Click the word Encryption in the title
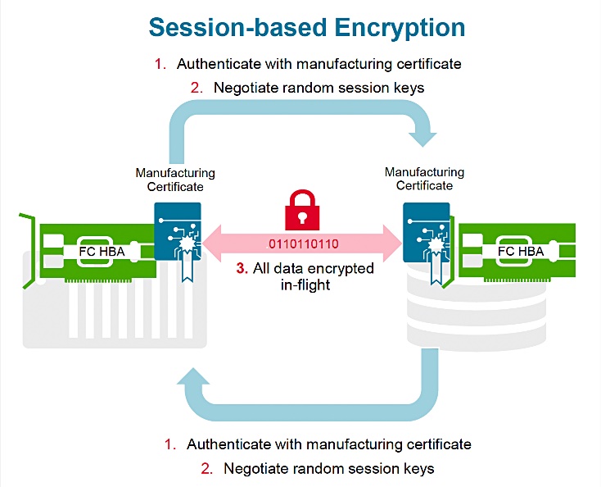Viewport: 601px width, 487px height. (x=391, y=27)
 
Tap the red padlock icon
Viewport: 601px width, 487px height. (x=301, y=212)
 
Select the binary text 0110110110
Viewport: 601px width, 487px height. (x=300, y=243)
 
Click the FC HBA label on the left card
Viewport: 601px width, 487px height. (x=101, y=251)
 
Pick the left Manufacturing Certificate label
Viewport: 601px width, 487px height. (x=175, y=180)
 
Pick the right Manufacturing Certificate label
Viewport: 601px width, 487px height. (x=424, y=179)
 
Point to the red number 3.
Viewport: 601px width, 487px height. (x=241, y=269)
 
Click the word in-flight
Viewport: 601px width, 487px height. (x=300, y=284)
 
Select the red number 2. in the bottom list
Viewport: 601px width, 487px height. (x=206, y=469)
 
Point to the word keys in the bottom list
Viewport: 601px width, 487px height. (x=417, y=469)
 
